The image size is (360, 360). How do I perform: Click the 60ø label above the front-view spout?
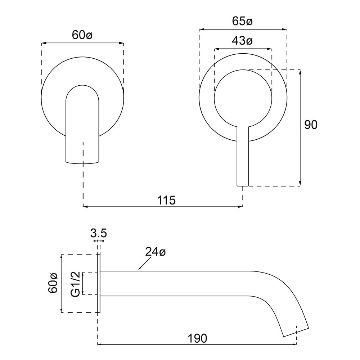tap(82, 35)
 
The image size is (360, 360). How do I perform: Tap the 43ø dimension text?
tap(242, 41)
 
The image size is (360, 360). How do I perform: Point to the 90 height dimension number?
tap(311, 125)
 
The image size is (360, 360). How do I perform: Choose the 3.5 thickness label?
tap(98, 233)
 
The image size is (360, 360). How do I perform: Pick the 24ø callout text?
tap(155, 252)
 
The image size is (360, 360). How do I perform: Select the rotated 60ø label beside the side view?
tap(54, 283)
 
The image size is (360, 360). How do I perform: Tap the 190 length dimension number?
tap(198, 338)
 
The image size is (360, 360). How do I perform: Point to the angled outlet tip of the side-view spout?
tap(296, 332)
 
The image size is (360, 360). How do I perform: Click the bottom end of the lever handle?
tap(242, 185)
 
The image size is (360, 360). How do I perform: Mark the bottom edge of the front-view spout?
tap(82, 163)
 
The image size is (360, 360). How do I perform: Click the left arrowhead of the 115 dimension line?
tap(85, 207)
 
